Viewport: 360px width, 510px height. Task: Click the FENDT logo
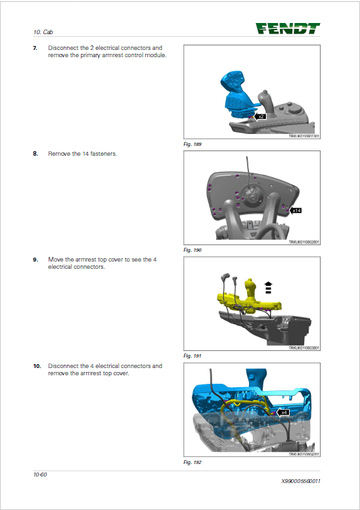pyautogui.click(x=288, y=28)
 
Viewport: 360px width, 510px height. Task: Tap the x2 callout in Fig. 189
pyautogui.click(x=260, y=116)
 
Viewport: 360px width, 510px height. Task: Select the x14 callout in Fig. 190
pyautogui.click(x=296, y=210)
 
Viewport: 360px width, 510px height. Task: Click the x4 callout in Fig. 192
pyautogui.click(x=283, y=413)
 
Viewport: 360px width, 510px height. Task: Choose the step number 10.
pyautogui.click(x=37, y=365)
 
